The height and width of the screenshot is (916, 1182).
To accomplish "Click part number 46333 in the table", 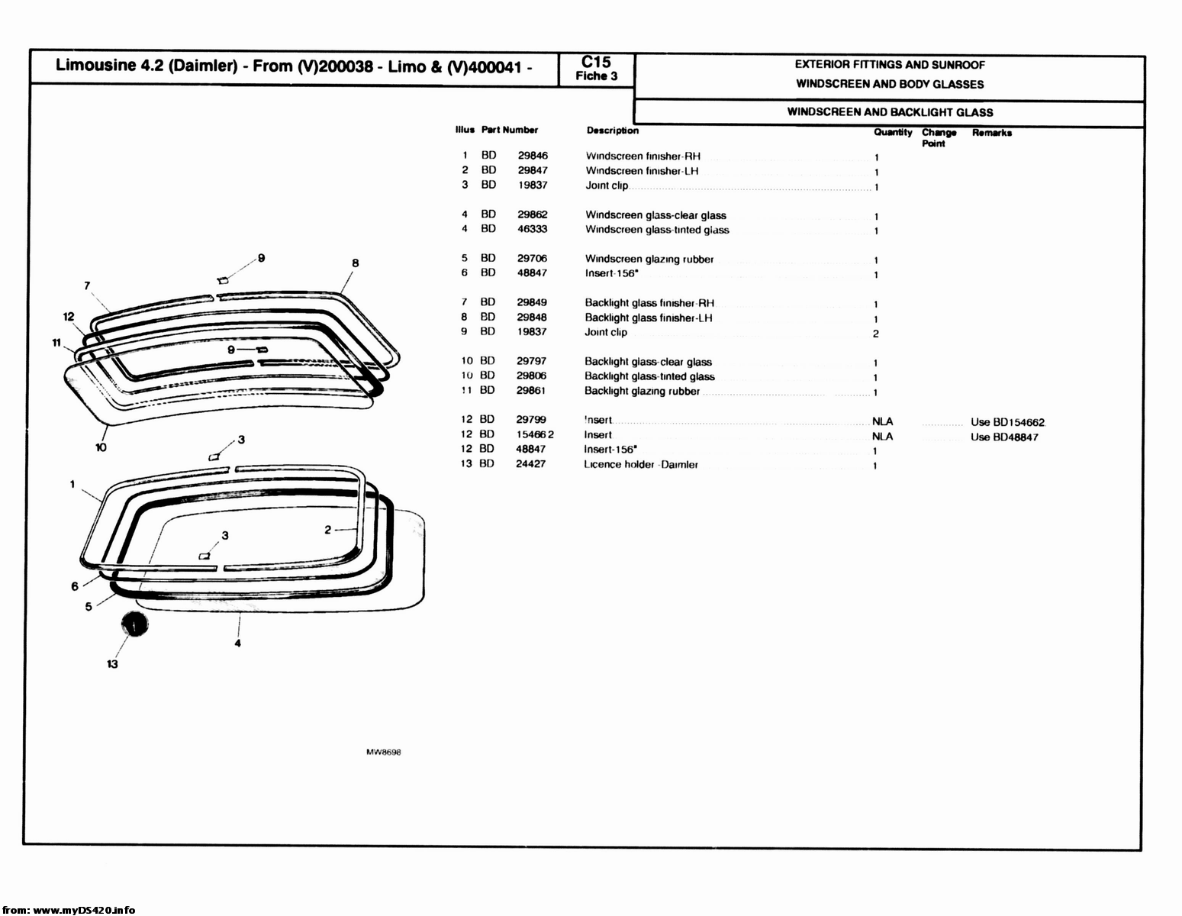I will point(532,229).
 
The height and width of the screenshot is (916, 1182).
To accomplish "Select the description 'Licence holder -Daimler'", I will point(641,464).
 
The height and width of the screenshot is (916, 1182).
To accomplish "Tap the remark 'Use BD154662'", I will point(1007,422).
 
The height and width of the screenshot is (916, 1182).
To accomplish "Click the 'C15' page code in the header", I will point(596,63).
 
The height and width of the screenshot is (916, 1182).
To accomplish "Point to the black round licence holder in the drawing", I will point(135,624).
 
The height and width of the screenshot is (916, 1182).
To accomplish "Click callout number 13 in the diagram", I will point(112,664).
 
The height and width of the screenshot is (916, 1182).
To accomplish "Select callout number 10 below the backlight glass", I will point(101,447).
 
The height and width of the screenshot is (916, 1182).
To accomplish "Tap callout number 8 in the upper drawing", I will point(356,263).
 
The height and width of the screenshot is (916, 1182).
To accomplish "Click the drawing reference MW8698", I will point(384,752).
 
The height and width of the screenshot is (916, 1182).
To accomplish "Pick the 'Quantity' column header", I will point(893,132).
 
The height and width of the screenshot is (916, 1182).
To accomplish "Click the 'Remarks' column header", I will point(991,133).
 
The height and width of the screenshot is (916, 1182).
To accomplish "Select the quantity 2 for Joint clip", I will point(876,334).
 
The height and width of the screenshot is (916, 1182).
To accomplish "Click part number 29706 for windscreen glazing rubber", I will point(532,258).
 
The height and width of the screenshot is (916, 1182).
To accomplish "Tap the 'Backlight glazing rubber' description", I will point(642,391).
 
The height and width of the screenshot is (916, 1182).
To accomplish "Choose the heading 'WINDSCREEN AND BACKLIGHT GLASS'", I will point(890,112).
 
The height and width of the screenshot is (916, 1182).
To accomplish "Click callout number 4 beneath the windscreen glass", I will point(238,643).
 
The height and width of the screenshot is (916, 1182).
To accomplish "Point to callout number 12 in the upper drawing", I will point(69,317).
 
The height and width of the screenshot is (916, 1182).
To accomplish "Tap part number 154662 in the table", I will point(534,434).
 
